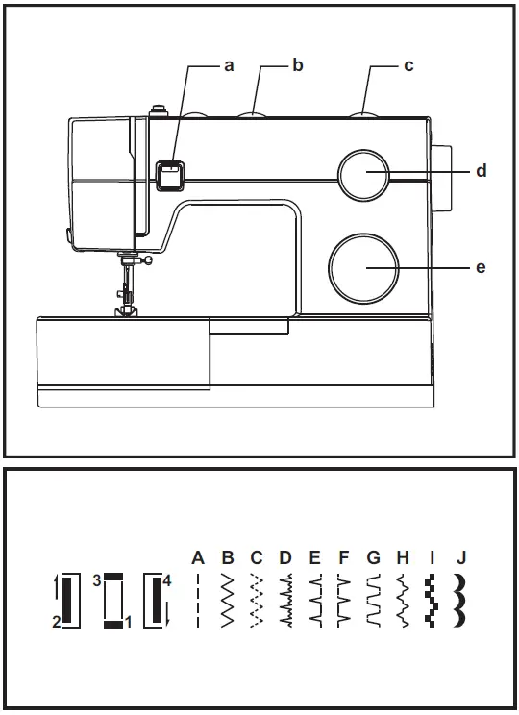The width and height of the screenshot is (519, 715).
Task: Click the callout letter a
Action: pyautogui.click(x=229, y=65)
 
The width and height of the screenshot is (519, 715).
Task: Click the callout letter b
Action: pyautogui.click(x=298, y=65)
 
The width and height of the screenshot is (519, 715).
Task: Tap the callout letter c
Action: pyautogui.click(x=408, y=65)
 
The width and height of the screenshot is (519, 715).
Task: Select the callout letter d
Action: pyautogui.click(x=481, y=171)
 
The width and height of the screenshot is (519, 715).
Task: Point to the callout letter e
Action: pyautogui.click(x=481, y=266)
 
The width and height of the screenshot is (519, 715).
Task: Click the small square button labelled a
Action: pyautogui.click(x=170, y=173)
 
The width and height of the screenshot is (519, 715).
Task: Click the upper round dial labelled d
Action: pyautogui.click(x=363, y=175)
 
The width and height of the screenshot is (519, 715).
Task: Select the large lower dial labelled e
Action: pyautogui.click(x=363, y=266)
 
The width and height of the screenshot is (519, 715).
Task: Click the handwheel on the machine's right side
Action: pyautogui.click(x=443, y=179)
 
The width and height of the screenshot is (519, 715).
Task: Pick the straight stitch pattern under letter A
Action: pyautogui.click(x=199, y=601)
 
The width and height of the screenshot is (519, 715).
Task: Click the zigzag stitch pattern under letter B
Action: pyautogui.click(x=228, y=601)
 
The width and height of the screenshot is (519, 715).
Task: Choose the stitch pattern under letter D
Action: pyautogui.click(x=285, y=601)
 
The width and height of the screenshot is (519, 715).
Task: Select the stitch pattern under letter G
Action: pyautogui.click(x=373, y=601)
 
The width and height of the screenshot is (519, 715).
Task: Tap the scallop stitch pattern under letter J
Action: pyautogui.click(x=461, y=601)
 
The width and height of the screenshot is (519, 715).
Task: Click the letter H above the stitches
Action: pyautogui.click(x=403, y=557)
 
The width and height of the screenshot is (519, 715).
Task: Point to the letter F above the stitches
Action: pyautogui.click(x=344, y=557)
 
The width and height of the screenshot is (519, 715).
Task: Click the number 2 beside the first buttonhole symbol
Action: pyautogui.click(x=57, y=622)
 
